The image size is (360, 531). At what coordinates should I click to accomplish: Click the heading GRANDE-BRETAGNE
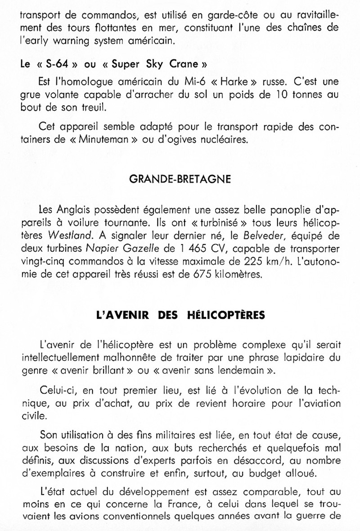tap(180, 179)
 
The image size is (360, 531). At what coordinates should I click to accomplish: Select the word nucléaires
tap(223, 139)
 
